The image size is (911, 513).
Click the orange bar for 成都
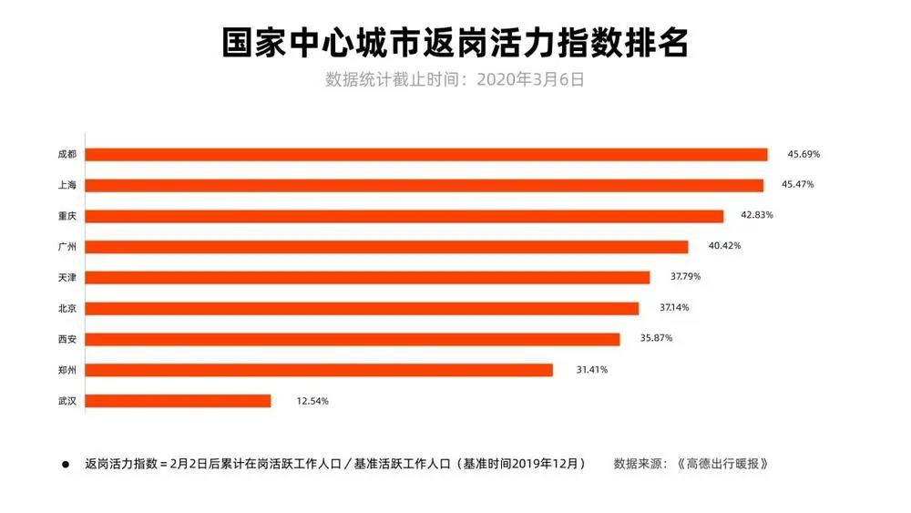tap(426, 155)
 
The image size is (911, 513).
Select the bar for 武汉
tap(179, 400)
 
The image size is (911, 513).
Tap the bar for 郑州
tap(319, 370)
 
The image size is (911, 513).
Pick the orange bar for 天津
tap(368, 277)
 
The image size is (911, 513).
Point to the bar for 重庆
tap(404, 216)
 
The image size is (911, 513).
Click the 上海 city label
tap(67, 185)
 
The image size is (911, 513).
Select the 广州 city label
tap(67, 247)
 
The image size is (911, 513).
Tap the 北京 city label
tap(67, 308)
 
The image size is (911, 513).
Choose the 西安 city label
tap(67, 339)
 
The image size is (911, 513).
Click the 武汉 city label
tap(67, 400)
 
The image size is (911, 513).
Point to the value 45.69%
tap(801, 155)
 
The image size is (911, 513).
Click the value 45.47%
tap(797, 185)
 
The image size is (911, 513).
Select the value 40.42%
tap(722, 247)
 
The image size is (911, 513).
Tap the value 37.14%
tap(673, 308)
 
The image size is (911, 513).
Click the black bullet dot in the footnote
tap(66, 464)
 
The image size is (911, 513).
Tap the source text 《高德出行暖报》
tap(722, 463)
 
